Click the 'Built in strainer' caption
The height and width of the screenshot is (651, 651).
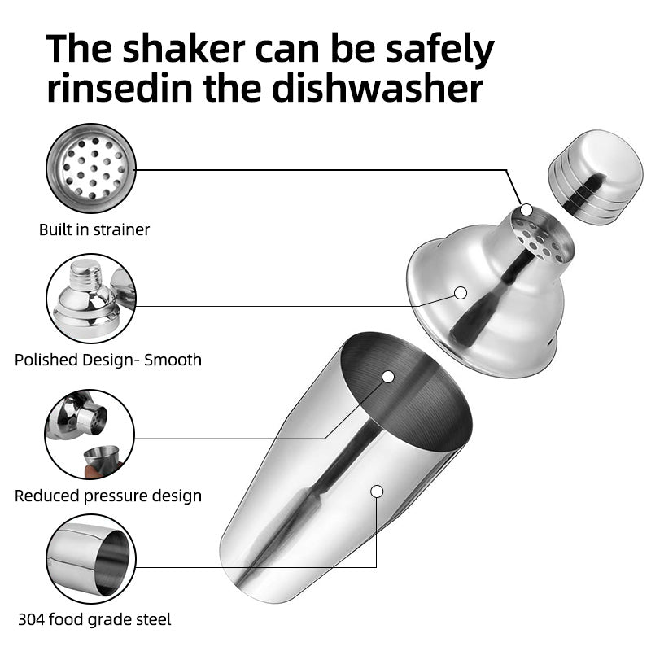pyautogui.click(x=94, y=229)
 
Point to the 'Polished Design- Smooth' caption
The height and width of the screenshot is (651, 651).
pyautogui.click(x=108, y=359)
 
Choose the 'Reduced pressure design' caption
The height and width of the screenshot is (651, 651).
pyautogui.click(x=108, y=495)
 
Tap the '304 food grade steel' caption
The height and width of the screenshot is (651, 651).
pyautogui.click(x=93, y=619)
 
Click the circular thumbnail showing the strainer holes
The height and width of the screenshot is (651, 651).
pyautogui.click(x=90, y=173)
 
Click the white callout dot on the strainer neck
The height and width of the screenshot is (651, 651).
pyautogui.click(x=526, y=210)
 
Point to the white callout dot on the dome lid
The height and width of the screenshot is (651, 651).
pyautogui.click(x=461, y=292)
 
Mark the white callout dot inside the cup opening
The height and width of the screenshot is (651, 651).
pyautogui.click(x=387, y=377)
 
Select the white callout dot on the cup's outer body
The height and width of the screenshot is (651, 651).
pyautogui.click(x=377, y=491)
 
